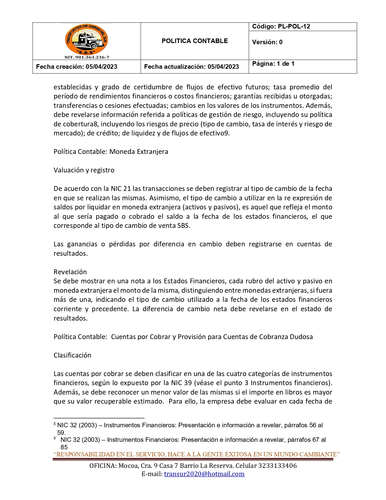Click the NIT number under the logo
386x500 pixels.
click(x=87, y=57)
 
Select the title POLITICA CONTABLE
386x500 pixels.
click(x=194, y=41)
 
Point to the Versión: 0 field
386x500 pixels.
click(x=267, y=42)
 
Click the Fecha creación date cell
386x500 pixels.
click(x=77, y=67)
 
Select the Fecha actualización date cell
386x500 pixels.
click(x=191, y=67)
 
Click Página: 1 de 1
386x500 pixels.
click(x=273, y=64)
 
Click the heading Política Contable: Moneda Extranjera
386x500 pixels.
click(x=111, y=152)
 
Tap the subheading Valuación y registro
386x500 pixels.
click(x=84, y=170)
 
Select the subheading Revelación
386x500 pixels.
click(x=70, y=272)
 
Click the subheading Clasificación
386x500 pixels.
click(x=72, y=355)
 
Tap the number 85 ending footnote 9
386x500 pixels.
click(x=64, y=447)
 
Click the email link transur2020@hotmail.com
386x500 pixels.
click(x=204, y=474)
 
